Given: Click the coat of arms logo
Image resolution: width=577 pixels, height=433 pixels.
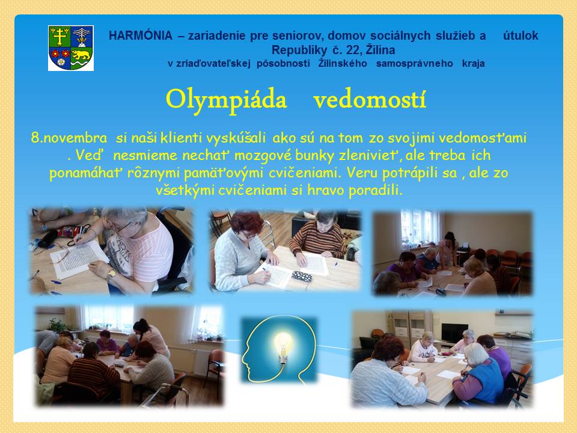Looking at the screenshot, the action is click(71, 48).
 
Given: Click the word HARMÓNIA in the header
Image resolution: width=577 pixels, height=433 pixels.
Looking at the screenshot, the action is click(141, 35).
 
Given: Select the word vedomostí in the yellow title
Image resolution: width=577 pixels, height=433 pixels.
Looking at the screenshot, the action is click(370, 99).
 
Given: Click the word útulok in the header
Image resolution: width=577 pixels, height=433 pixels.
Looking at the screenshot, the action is click(521, 35).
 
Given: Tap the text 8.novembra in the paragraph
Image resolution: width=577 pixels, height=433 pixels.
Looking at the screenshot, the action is click(69, 138).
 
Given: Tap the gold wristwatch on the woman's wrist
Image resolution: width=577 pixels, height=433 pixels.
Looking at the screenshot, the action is click(111, 274).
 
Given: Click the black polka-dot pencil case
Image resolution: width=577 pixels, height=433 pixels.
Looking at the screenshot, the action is click(302, 276).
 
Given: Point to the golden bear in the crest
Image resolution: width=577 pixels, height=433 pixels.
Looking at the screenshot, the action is click(81, 55).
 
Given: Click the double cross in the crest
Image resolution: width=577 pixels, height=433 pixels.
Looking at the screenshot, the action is click(60, 37).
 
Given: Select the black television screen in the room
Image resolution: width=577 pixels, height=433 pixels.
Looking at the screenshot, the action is click(454, 333).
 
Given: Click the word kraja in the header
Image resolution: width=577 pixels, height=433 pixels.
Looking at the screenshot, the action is click(473, 63).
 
